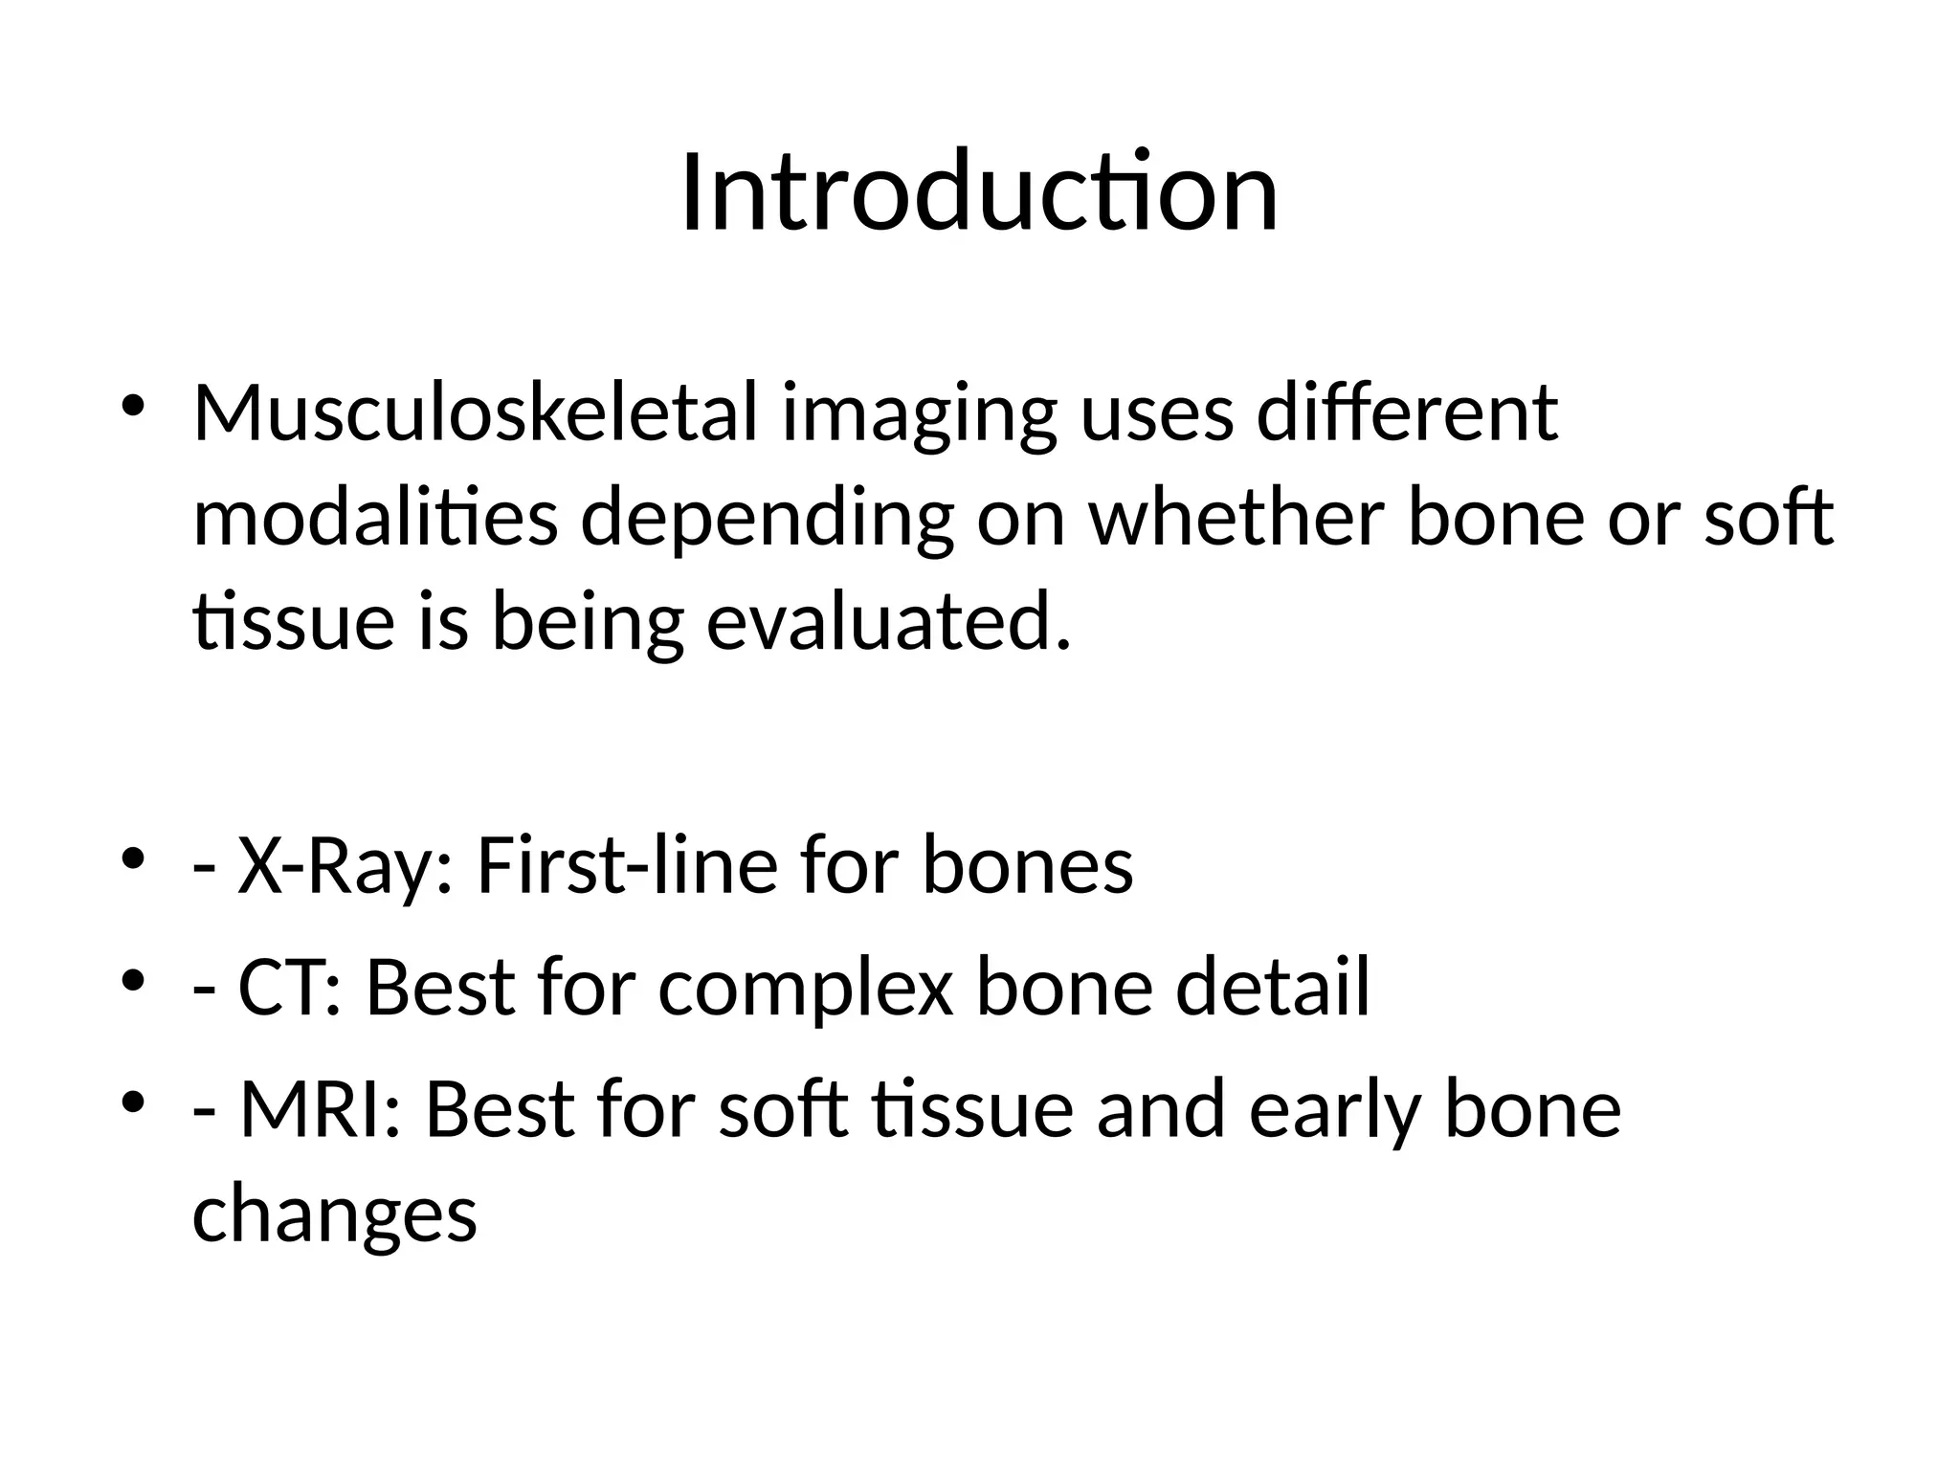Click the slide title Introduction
click(979, 193)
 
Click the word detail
click(1273, 988)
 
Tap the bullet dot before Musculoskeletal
click(133, 405)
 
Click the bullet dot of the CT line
click(133, 980)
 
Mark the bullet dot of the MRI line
click(133, 1102)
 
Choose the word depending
click(767, 520)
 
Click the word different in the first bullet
click(1407, 413)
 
